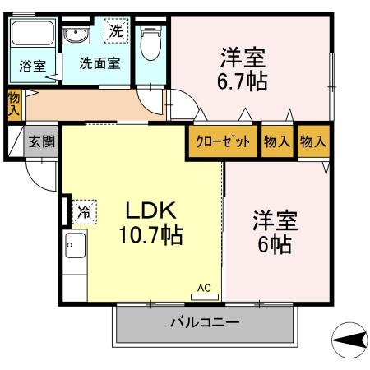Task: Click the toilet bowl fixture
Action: (150, 43)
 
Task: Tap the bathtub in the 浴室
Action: (33, 33)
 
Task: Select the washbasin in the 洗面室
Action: (76, 35)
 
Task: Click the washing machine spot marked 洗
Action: (116, 31)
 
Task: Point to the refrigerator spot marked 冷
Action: (85, 212)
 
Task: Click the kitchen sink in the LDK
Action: (75, 245)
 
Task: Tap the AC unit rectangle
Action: (205, 297)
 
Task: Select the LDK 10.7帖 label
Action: (150, 222)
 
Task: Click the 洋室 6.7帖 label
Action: (243, 69)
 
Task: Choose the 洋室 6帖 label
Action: (275, 232)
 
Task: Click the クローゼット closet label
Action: (223, 141)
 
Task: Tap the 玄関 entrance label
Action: (42, 141)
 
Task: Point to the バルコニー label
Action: (205, 322)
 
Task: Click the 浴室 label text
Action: (33, 66)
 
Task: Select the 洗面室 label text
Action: (99, 63)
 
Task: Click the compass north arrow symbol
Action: (349, 340)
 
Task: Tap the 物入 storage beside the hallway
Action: (14, 104)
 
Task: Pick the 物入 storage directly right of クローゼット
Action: (277, 141)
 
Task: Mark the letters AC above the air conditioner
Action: (204, 288)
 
